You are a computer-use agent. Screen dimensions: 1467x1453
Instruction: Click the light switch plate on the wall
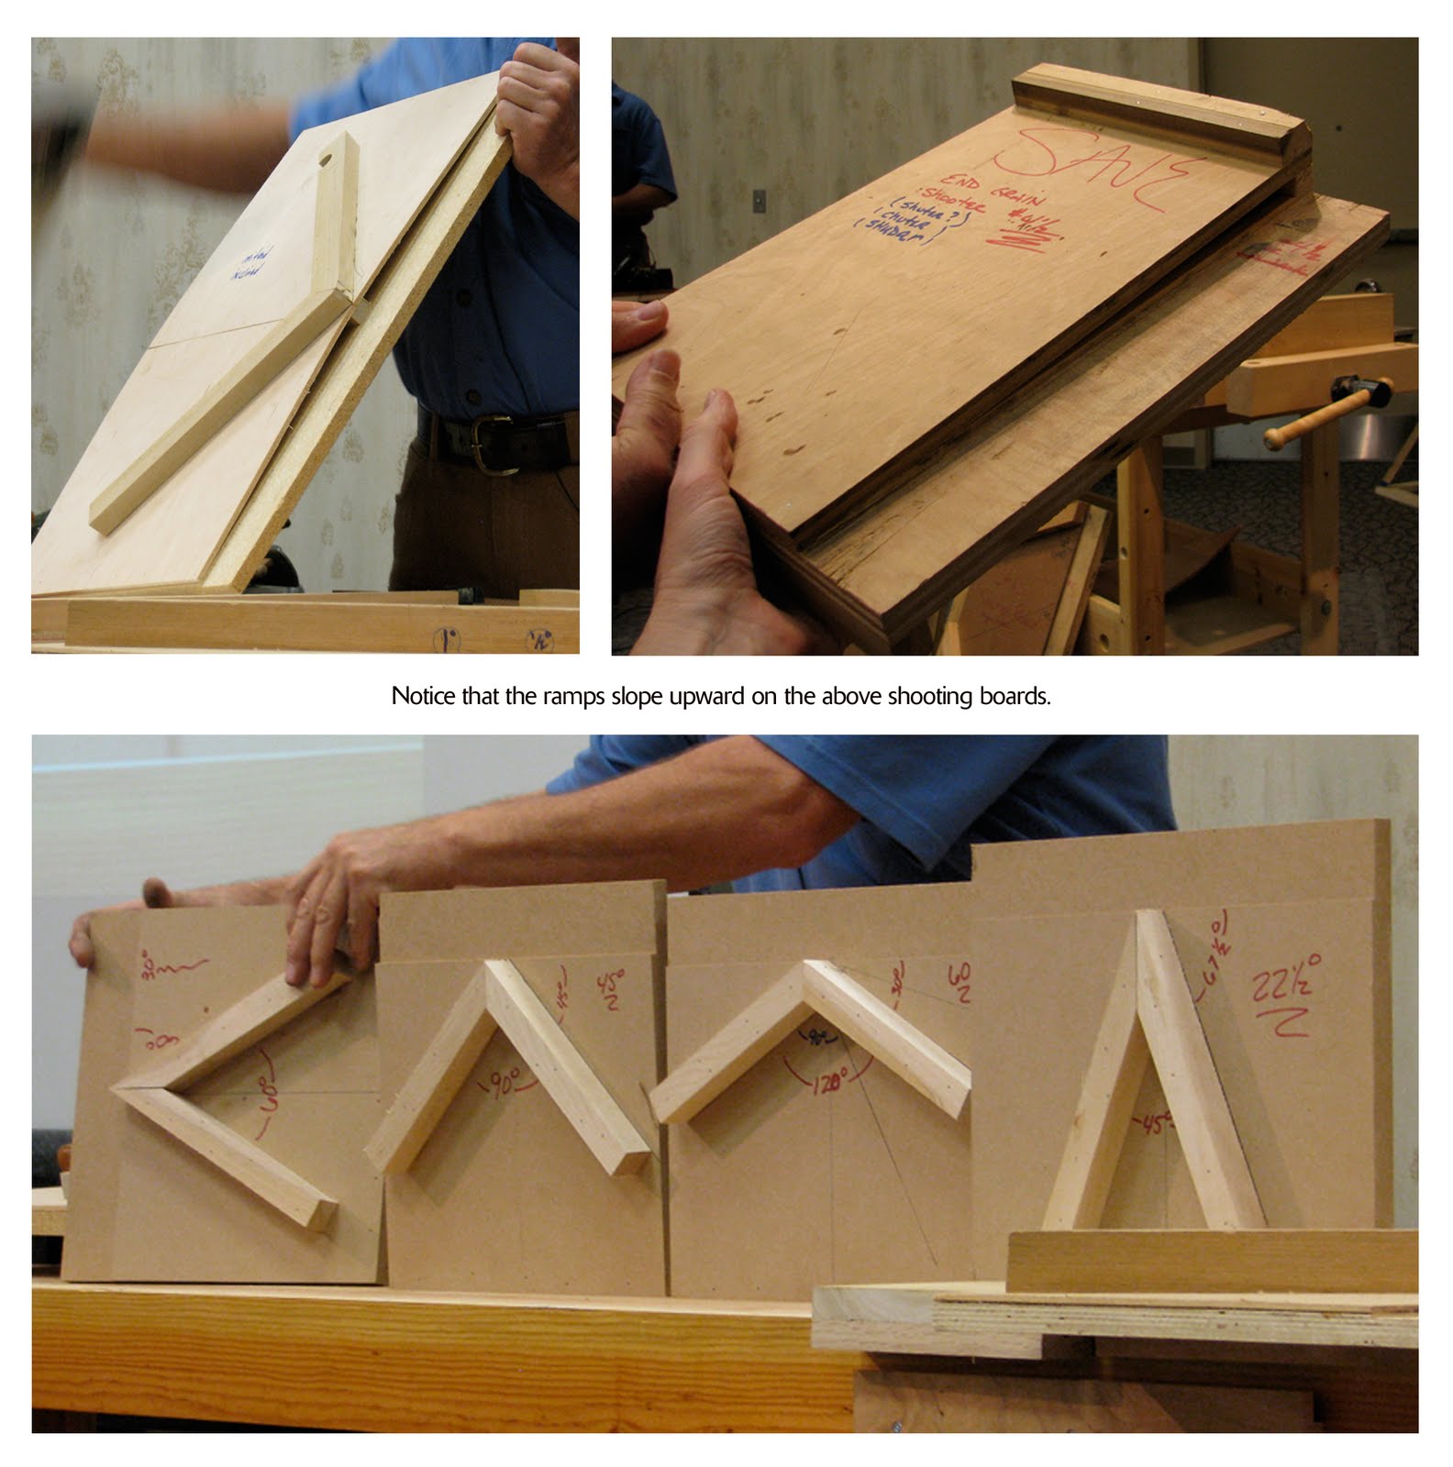760,201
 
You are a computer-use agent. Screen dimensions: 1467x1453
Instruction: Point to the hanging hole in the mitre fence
325,160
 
